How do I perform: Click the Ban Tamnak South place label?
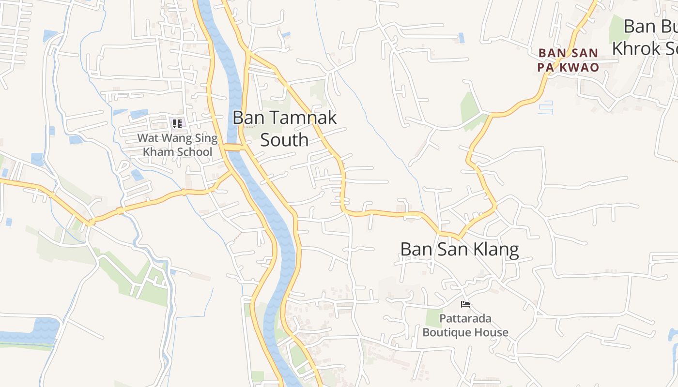tap(284, 129)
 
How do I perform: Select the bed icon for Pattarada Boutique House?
tap(465, 304)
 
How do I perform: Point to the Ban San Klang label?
tap(460, 250)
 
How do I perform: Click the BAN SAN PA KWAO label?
tap(568, 60)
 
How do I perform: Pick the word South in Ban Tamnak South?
tap(284, 140)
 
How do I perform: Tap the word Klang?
tap(496, 250)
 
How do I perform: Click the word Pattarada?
tap(465, 319)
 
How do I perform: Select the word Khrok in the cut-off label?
tap(636, 48)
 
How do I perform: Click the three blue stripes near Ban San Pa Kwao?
tap(546, 107)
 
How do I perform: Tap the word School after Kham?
tap(194, 152)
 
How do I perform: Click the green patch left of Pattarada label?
tap(433, 318)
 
